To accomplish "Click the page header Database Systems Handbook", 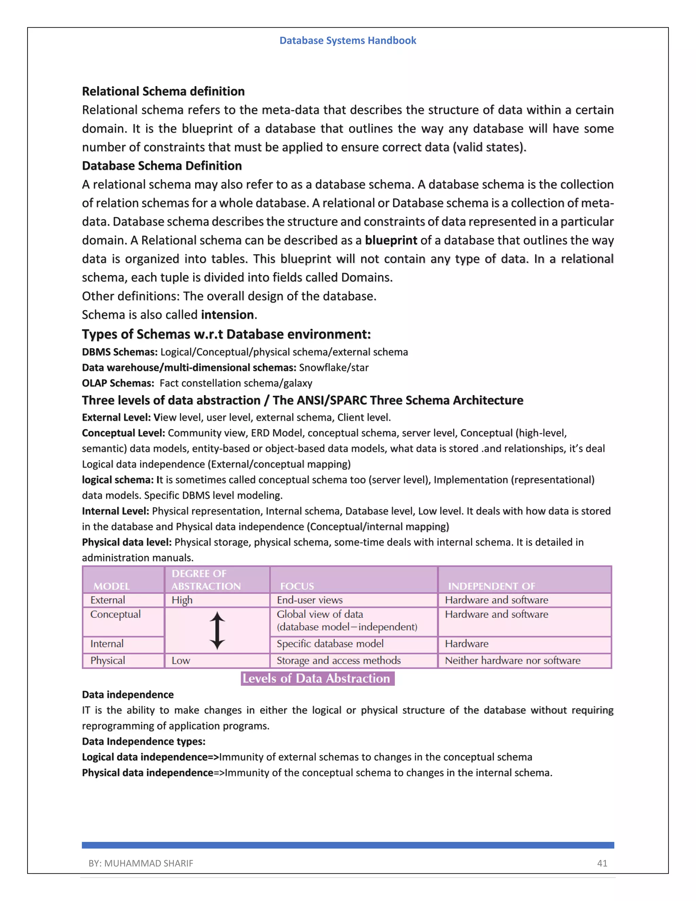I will (x=348, y=40).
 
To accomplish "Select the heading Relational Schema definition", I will (x=163, y=91).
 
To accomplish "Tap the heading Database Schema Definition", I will (x=162, y=166).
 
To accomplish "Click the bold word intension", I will (x=227, y=315).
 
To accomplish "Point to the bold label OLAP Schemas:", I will (x=118, y=383).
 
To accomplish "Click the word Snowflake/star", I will (x=334, y=368).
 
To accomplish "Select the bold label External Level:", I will (x=116, y=418).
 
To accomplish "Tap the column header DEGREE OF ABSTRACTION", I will (x=206, y=580).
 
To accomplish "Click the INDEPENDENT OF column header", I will (x=491, y=586).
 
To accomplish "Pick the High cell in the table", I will (x=182, y=600).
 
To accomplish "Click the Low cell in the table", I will (x=180, y=661).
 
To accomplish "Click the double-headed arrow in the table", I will (x=217, y=630).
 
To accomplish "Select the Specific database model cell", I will (x=330, y=644).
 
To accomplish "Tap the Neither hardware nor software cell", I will (x=512, y=661).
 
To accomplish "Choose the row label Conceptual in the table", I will (x=116, y=614).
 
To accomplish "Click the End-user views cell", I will (x=310, y=600).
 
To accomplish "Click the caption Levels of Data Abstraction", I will (x=316, y=679).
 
